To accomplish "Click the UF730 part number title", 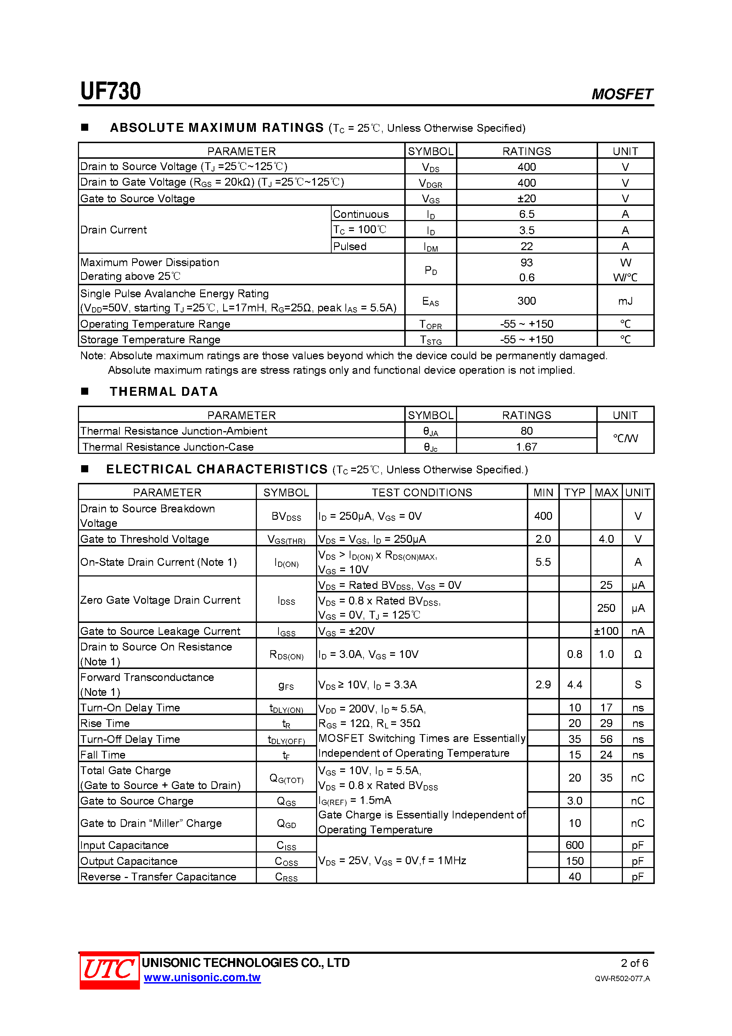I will [x=111, y=91].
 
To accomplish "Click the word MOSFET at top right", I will [x=621, y=94].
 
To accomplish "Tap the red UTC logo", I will [x=109, y=970].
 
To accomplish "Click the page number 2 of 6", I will [x=634, y=963].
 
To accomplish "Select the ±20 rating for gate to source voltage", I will [x=526, y=198].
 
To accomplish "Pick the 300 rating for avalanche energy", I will [x=526, y=300].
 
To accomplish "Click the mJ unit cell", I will [x=625, y=300].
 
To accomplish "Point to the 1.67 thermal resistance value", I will [x=526, y=447].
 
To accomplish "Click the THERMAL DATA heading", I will [x=164, y=391].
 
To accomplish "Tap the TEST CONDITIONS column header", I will [x=422, y=492].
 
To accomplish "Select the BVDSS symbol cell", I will [x=286, y=516].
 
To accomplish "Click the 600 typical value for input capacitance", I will [x=574, y=845].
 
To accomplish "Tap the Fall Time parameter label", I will [x=103, y=754].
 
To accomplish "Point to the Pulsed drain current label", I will [x=350, y=246].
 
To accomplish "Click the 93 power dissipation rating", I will [x=526, y=263].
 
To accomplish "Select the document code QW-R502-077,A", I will [x=622, y=978].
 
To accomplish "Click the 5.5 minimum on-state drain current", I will [x=543, y=562].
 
